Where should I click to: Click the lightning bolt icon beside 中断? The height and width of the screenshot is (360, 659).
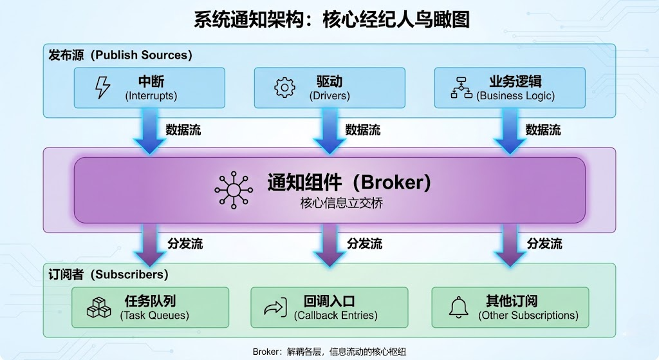tap(102, 88)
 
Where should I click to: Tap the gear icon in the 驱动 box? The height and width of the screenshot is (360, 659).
tap(284, 88)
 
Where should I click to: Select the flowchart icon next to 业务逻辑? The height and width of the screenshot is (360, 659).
tap(461, 88)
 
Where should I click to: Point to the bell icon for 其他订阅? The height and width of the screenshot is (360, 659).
tap(459, 307)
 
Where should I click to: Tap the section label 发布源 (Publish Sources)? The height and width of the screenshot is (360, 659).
tap(120, 55)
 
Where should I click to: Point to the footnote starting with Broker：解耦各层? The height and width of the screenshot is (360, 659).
tap(329, 352)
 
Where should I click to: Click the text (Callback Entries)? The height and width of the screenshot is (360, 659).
tap(336, 316)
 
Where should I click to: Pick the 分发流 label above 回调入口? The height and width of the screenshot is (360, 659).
tap(365, 243)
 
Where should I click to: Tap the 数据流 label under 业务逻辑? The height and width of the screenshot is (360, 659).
tap(543, 130)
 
